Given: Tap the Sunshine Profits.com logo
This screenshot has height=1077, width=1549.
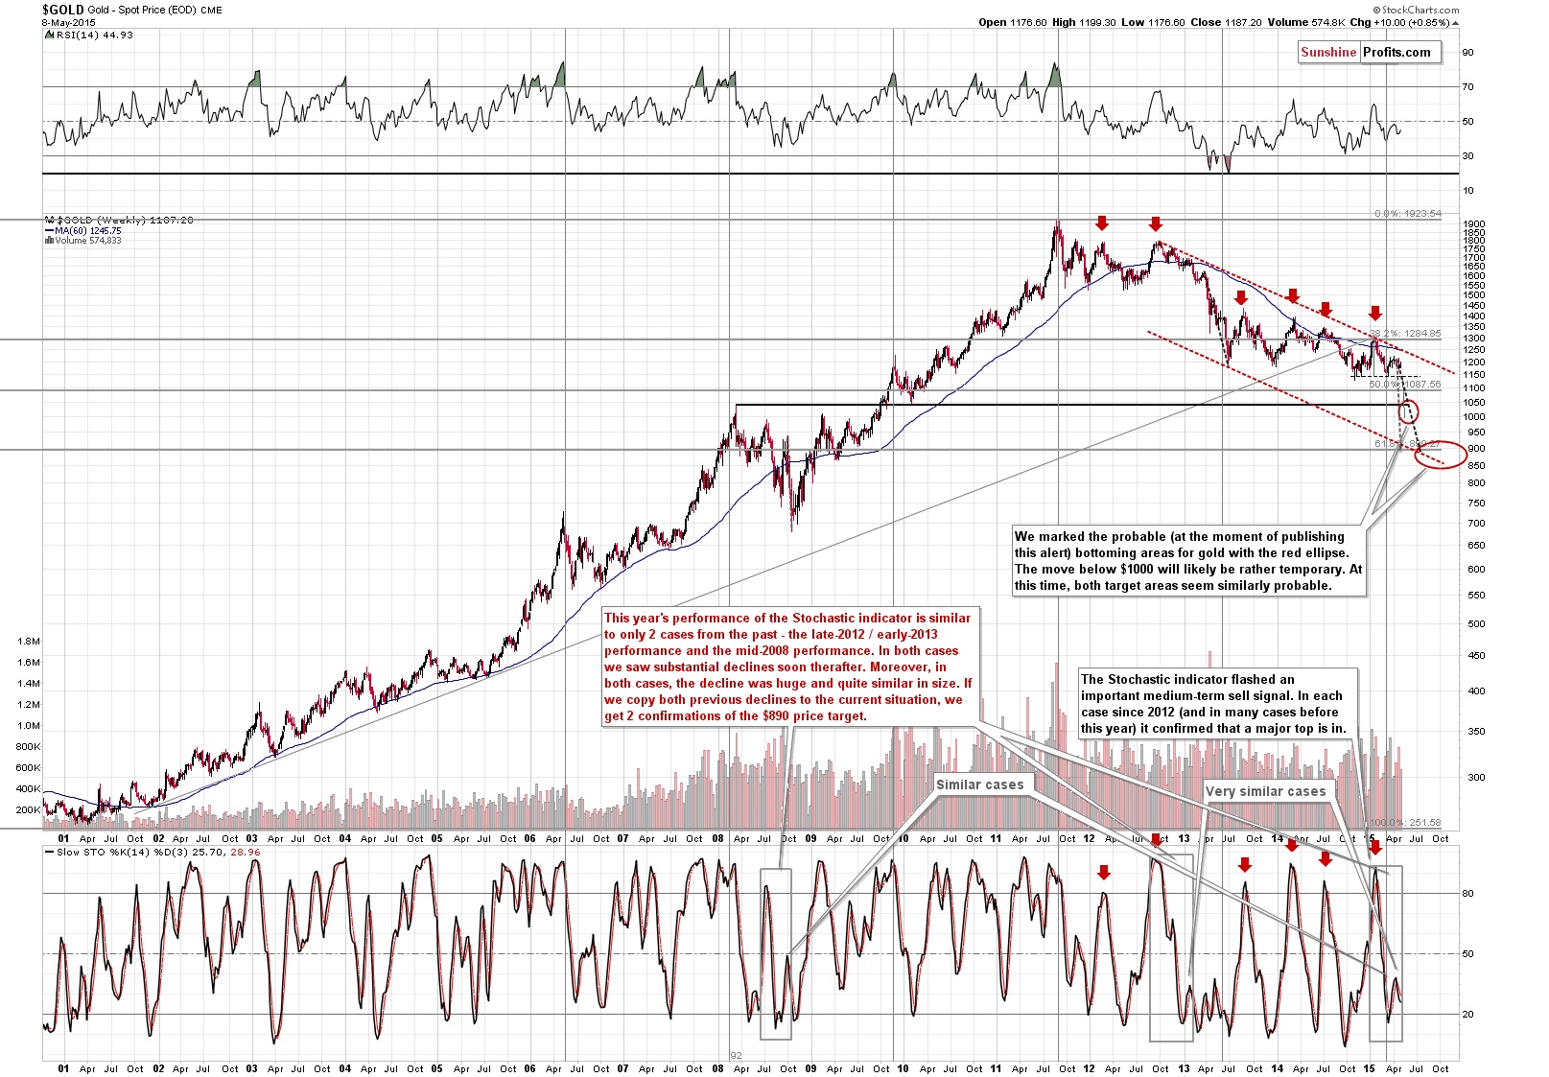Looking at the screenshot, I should (1366, 53).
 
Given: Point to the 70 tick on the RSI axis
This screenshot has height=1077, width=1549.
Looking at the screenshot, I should (1467, 87).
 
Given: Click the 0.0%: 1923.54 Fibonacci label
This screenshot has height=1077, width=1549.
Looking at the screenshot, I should (1407, 214).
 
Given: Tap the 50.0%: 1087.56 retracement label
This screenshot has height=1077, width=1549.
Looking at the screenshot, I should (1404, 385).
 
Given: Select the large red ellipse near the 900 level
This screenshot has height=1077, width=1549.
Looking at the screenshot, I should (1440, 455).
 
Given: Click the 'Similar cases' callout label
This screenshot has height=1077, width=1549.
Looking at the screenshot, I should (979, 784).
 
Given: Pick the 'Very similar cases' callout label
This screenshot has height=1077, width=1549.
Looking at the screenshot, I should (1265, 791).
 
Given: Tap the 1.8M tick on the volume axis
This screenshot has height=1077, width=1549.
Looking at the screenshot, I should (29, 642).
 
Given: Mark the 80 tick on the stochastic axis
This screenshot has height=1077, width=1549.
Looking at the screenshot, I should (1467, 894).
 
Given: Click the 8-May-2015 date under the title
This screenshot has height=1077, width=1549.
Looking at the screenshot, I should (69, 22).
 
